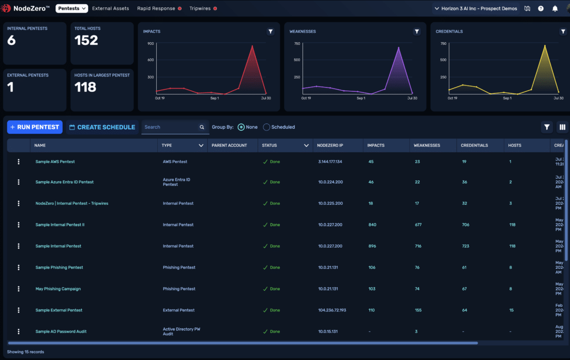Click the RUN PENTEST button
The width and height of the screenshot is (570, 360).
tap(34, 127)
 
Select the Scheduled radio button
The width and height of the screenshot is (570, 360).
tap(267, 127)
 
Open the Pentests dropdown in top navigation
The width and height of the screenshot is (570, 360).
tap(72, 8)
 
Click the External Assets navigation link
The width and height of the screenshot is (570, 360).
tap(110, 8)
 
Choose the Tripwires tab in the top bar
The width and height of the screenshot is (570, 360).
tap(200, 8)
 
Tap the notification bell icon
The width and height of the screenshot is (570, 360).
tap(555, 8)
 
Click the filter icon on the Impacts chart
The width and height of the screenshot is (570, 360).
tap(271, 32)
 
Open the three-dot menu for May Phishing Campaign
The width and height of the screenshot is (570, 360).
tap(18, 289)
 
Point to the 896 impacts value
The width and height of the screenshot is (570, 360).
tap(372, 246)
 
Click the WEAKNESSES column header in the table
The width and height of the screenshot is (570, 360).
tap(427, 145)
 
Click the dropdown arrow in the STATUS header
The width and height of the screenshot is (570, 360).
tap(306, 145)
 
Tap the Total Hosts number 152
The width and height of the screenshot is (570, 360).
tap(86, 41)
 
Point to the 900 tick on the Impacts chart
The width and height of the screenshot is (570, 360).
tap(150, 44)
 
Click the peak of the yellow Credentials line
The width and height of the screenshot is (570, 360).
tap(545, 45)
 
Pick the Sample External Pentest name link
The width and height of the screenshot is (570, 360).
tap(59, 310)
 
